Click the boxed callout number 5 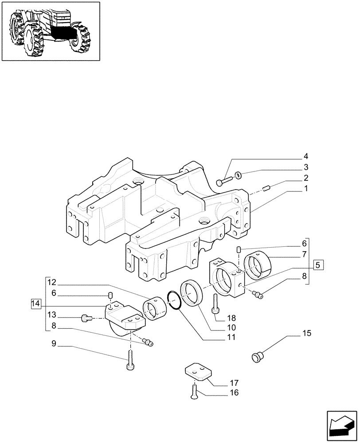pos(317,265)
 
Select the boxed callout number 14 pos(36,303)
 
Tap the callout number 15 pos(306,333)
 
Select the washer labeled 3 pos(238,176)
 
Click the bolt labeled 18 pos(215,303)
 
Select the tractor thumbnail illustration pos(51,31)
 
